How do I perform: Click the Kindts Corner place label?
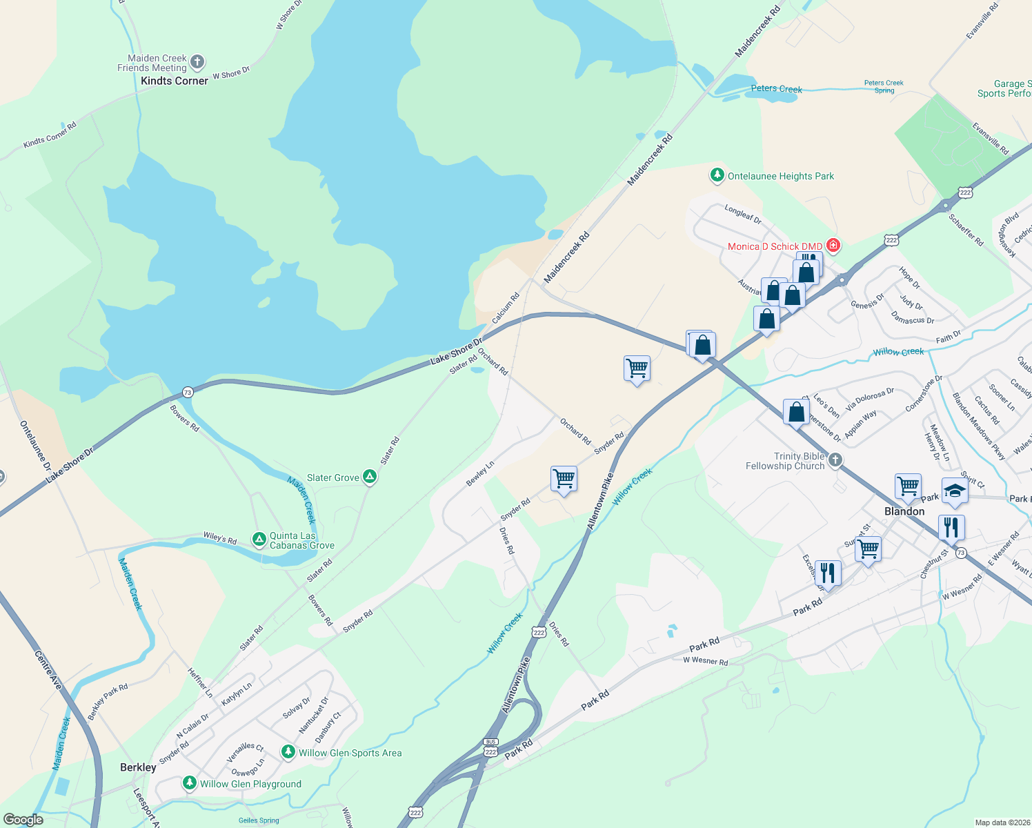pyautogui.click(x=174, y=81)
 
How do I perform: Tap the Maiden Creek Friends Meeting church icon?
pyautogui.click(x=197, y=62)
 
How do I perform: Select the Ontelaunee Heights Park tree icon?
pyautogui.click(x=717, y=175)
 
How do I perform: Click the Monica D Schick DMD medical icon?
pyautogui.click(x=833, y=246)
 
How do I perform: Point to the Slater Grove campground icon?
pyautogui.click(x=370, y=477)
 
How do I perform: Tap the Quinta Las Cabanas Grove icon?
pyautogui.click(x=259, y=540)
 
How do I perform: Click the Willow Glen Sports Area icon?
pyautogui.click(x=288, y=752)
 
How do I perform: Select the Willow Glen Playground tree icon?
pyautogui.click(x=189, y=783)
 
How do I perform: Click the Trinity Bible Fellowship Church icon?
pyautogui.click(x=835, y=460)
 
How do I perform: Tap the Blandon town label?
pyautogui.click(x=904, y=511)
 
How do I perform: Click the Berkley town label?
pyautogui.click(x=138, y=767)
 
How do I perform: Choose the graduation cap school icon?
pyautogui.click(x=955, y=491)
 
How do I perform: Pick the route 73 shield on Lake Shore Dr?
pyautogui.click(x=188, y=393)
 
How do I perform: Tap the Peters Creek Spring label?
pyautogui.click(x=884, y=86)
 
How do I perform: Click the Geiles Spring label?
pyautogui.click(x=258, y=820)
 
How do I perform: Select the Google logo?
pyautogui.click(x=23, y=820)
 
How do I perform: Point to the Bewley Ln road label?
pyautogui.click(x=480, y=473)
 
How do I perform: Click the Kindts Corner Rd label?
pyautogui.click(x=50, y=135)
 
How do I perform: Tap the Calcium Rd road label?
pyautogui.click(x=506, y=308)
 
